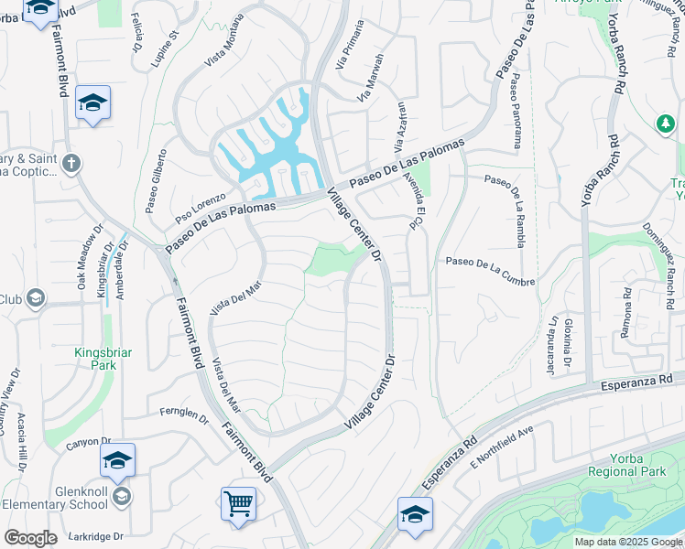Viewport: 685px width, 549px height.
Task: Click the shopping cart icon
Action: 238,502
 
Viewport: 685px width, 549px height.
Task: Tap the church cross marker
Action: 71,164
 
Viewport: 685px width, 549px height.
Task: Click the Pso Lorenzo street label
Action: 201,209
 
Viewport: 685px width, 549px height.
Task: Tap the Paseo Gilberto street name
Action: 157,181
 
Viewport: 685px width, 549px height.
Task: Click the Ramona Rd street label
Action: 626,313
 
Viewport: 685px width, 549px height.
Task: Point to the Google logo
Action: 30,537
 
